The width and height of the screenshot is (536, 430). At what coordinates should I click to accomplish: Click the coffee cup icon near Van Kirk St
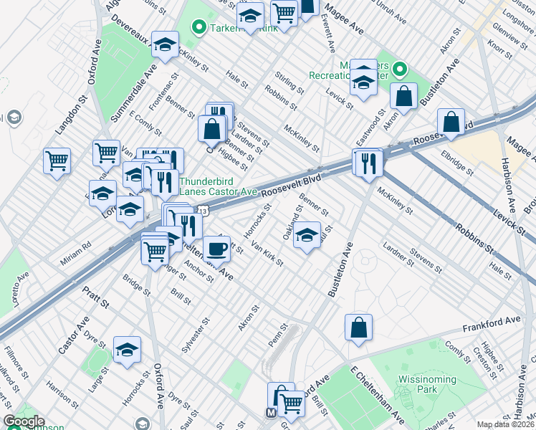click(216, 249)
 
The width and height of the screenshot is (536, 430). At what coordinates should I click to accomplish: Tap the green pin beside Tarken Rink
click(198, 27)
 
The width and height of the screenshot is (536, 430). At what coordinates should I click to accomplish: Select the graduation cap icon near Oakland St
click(307, 234)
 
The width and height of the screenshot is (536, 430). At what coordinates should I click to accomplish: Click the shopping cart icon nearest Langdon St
click(57, 160)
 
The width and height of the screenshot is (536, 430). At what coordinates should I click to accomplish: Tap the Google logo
click(23, 421)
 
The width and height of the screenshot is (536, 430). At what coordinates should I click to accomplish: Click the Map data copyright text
click(505, 424)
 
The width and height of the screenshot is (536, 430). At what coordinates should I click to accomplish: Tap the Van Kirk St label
click(267, 253)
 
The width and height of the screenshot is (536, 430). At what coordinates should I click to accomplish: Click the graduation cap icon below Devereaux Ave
click(165, 45)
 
